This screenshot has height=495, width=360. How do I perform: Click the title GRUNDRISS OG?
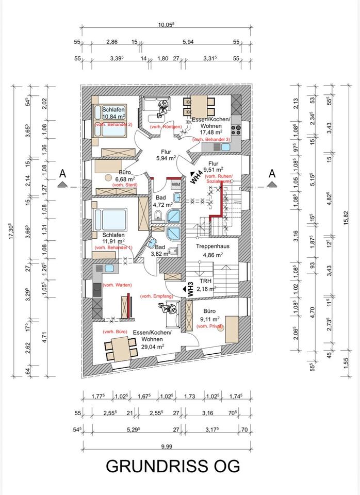(173, 466)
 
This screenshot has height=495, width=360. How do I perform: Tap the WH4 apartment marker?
(195, 177)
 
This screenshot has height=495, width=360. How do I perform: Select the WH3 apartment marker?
(190, 287)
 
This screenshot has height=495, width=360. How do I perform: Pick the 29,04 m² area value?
(154, 347)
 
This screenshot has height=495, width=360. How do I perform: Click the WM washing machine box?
(175, 184)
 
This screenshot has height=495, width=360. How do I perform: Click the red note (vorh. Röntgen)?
(165, 127)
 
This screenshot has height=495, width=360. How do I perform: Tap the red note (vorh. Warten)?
(117, 285)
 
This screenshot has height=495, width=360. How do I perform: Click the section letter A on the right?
(272, 174)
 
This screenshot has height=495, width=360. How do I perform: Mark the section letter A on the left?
(62, 174)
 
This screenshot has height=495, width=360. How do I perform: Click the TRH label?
(206, 281)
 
